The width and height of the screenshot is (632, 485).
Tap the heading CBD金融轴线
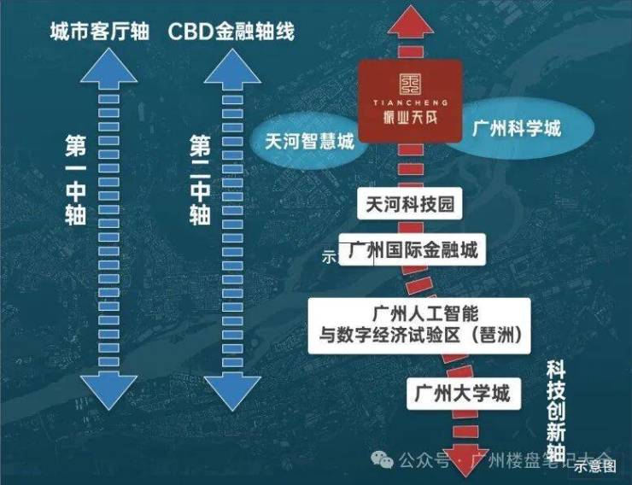pyautogui.click(x=231, y=32)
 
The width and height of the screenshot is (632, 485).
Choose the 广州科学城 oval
pyautogui.click(x=517, y=129)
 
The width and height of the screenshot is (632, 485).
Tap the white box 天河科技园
pyautogui.click(x=408, y=205)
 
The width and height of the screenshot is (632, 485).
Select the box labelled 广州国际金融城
pyautogui.click(x=413, y=251)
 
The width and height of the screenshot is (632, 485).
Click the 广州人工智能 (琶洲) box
pyautogui.click(x=419, y=324)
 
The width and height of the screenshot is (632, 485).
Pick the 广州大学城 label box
pyautogui.click(x=462, y=394)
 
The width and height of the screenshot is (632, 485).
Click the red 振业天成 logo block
pyautogui.click(x=410, y=101)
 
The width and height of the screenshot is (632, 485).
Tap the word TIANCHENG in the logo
pyautogui.click(x=409, y=101)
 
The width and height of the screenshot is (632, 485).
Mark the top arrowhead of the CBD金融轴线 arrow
pyautogui.click(x=231, y=67)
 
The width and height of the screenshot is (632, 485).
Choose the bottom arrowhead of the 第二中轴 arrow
pyautogui.click(x=231, y=394)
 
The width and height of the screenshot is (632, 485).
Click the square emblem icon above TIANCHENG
pyautogui.click(x=410, y=81)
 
